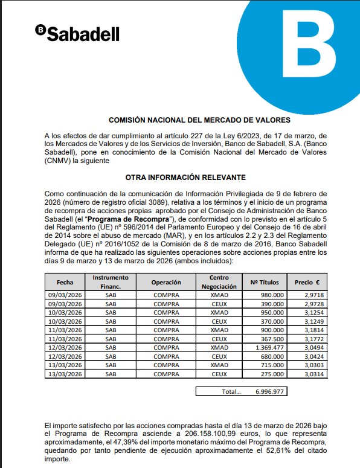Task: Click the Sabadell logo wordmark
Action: pyautogui.click(x=77, y=34)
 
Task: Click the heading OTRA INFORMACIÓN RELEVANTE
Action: pyautogui.click(x=185, y=177)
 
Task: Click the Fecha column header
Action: pyautogui.click(x=65, y=282)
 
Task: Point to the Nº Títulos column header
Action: pyautogui.click(x=265, y=282)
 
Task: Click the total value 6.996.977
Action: pyautogui.click(x=269, y=391)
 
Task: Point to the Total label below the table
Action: pyautogui.click(x=231, y=391)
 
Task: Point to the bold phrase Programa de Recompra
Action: pyautogui.click(x=138, y=218)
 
